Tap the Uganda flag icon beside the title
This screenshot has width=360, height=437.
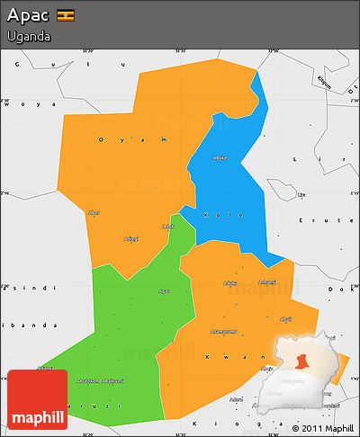[x=65, y=16]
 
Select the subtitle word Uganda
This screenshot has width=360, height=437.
[x=27, y=37]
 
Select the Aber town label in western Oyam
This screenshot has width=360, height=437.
[x=94, y=212]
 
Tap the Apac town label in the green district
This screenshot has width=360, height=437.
[x=163, y=290]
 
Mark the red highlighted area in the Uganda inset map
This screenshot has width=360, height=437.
[x=303, y=361]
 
